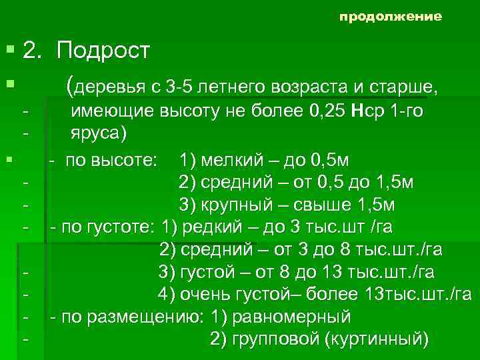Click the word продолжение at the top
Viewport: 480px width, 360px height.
(390, 17)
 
